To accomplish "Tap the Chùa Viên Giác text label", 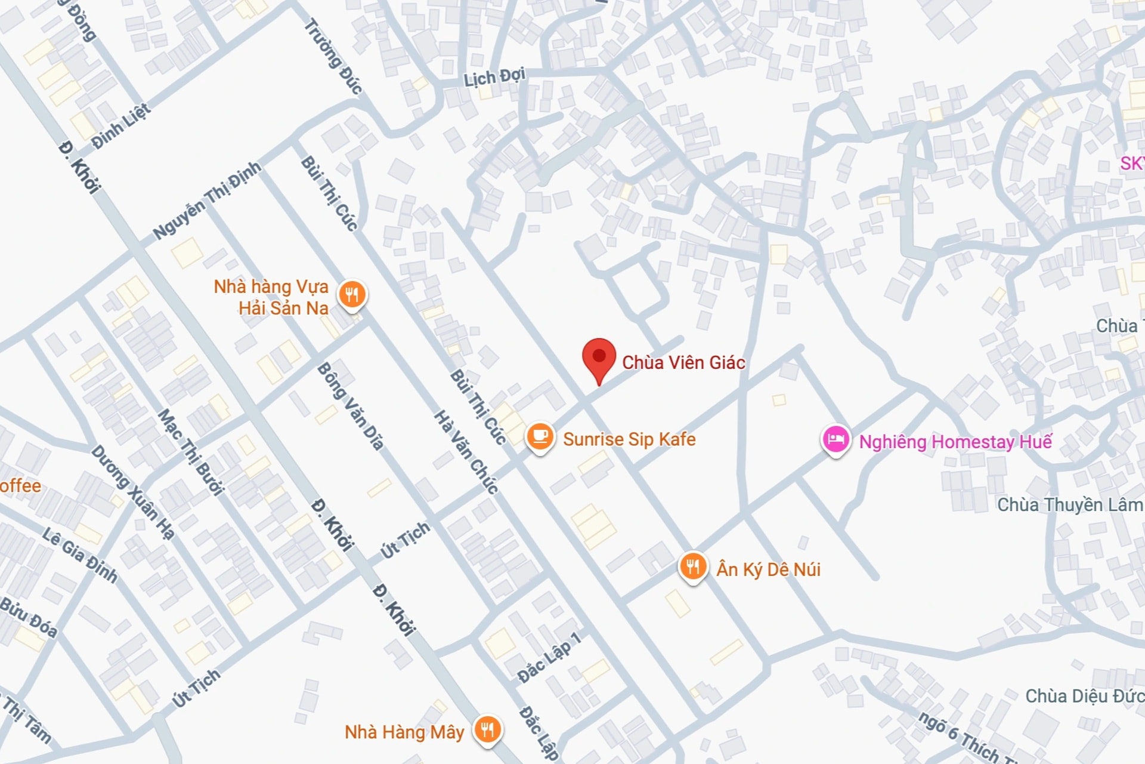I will point(683,362).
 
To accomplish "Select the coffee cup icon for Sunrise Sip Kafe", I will point(540,436).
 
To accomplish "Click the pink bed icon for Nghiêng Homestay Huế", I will point(835,440).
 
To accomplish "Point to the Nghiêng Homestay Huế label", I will point(955,442).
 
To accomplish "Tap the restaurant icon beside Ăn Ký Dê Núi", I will point(692,566).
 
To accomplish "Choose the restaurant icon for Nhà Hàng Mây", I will point(488,729).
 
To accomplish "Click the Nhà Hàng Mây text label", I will point(404,732).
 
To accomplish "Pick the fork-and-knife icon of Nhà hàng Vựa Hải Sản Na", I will point(352,294).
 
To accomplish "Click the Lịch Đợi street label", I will point(494,77).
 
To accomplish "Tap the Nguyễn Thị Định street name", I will point(207,200).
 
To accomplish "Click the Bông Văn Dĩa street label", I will point(351,406).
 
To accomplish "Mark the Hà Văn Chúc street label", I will point(466,452).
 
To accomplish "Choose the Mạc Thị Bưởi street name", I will point(190,452).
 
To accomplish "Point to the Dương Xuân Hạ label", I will point(132,492).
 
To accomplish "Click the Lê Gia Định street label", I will point(80,554).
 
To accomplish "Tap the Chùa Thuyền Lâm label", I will point(1070,505).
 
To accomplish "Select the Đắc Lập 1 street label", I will point(549,658).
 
